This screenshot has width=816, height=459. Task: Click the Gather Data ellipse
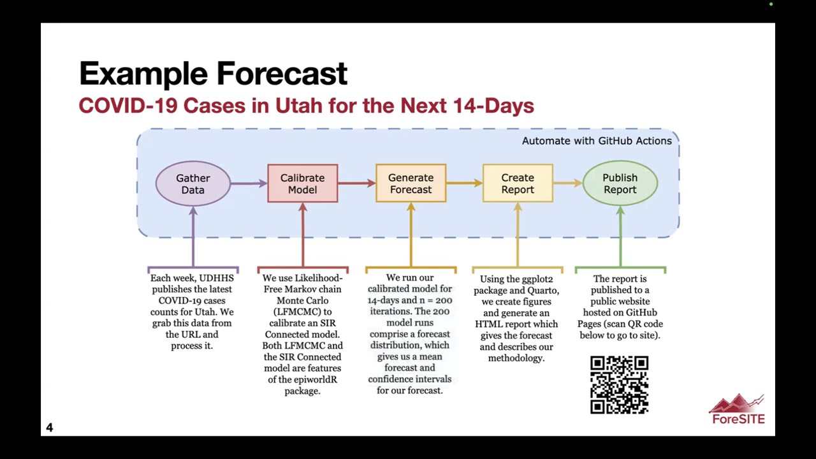click(x=193, y=184)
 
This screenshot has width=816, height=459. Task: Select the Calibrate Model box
click(x=302, y=184)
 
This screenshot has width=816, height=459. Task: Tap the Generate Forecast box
click(x=411, y=184)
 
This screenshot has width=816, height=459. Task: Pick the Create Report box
click(x=517, y=184)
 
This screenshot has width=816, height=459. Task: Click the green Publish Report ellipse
click(x=620, y=184)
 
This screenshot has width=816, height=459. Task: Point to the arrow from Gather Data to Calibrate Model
click(x=249, y=184)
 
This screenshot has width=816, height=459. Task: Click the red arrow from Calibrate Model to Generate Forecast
click(x=356, y=184)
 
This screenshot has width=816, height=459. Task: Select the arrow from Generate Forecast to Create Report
click(x=464, y=184)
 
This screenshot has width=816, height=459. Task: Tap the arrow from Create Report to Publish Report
click(x=567, y=184)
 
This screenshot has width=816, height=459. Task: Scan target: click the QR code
click(x=619, y=384)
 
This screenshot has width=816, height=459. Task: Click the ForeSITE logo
click(x=738, y=410)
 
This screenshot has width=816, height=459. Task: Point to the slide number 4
click(x=50, y=428)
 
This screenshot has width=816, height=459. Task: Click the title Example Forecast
click(x=213, y=74)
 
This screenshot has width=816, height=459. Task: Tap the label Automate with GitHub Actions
click(x=597, y=141)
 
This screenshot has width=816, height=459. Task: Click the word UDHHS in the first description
click(x=216, y=279)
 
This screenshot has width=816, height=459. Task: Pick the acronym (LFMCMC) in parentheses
click(x=303, y=312)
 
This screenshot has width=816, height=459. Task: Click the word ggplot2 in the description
click(x=537, y=279)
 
